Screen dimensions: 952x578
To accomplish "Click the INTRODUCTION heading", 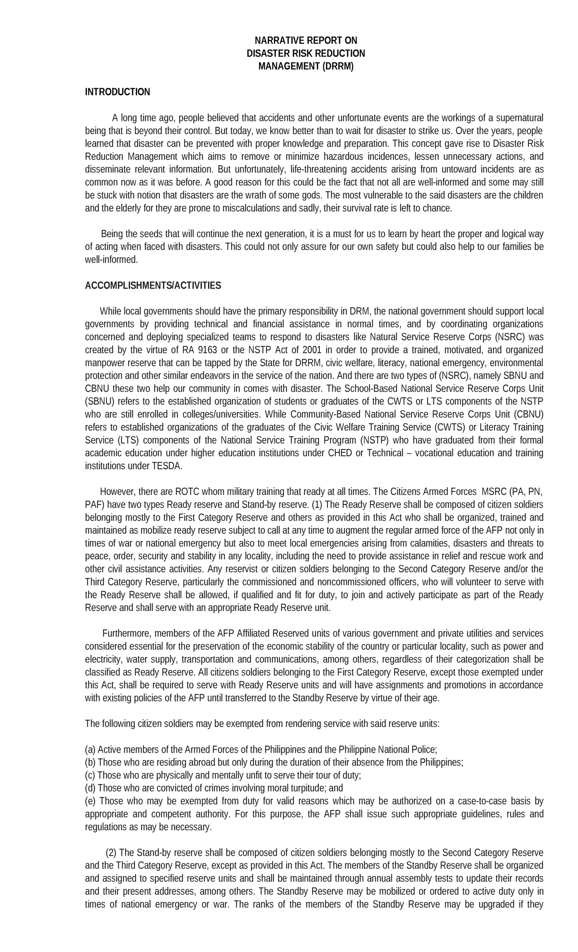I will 118,92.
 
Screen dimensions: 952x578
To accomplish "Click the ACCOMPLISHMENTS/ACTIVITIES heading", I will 153,286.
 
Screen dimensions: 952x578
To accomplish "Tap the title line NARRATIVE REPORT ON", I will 306,40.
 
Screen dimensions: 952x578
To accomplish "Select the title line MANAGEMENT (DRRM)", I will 306,66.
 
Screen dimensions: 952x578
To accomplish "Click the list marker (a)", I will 91,750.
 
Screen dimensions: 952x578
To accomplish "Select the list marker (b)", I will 91,762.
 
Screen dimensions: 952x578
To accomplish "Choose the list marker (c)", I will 91,775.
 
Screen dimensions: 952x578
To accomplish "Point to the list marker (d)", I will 91,788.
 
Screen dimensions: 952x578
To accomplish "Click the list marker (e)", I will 91,801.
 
